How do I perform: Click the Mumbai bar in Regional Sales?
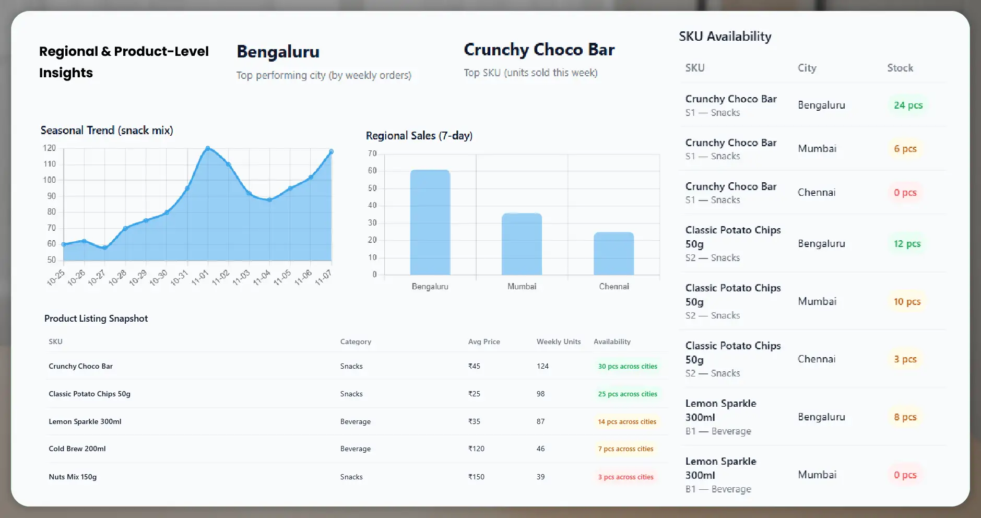tap(522, 244)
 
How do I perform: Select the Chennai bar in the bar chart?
tap(613, 253)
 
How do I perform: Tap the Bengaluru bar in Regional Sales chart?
tap(430, 222)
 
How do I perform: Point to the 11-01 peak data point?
tap(208, 149)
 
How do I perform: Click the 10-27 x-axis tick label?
tap(96, 277)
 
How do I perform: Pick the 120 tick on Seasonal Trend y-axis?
tap(49, 148)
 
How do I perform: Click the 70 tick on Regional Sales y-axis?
tap(372, 154)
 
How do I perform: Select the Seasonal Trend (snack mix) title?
tap(107, 131)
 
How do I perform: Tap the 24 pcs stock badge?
tap(908, 105)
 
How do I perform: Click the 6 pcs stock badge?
tap(905, 149)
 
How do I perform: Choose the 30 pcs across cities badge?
tap(628, 367)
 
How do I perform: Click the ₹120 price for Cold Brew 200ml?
tap(476, 449)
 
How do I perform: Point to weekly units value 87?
tap(540, 421)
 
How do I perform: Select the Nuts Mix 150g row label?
tap(73, 477)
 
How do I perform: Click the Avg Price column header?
tap(484, 342)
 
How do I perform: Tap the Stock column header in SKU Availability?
tap(900, 68)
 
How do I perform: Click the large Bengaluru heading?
tap(278, 52)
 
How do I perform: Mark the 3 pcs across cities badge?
tap(625, 477)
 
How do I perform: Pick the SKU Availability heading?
tap(725, 37)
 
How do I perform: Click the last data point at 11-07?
tap(331, 152)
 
